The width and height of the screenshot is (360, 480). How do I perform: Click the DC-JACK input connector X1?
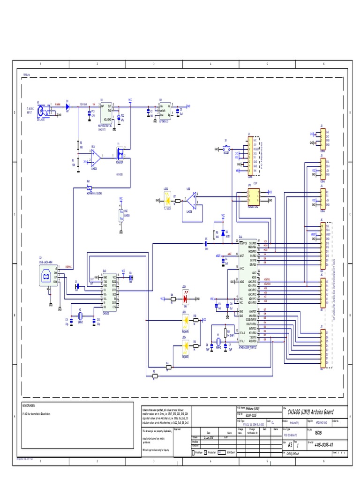pyautogui.click(x=44, y=111)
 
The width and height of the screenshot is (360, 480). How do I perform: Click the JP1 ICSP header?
pyautogui.click(x=253, y=195)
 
